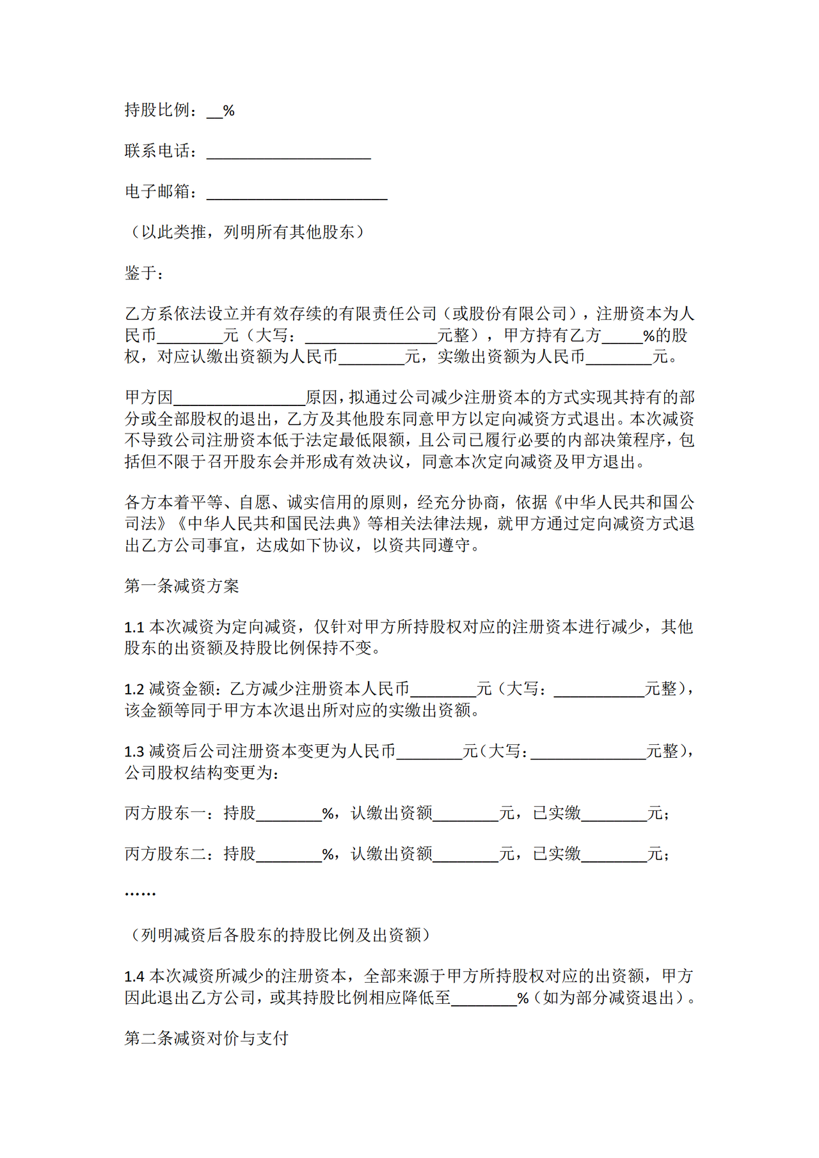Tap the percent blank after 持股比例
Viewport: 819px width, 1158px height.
[x=214, y=112]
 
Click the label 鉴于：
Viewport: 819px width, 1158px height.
[x=145, y=274]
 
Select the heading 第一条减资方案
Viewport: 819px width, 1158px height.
[x=182, y=586]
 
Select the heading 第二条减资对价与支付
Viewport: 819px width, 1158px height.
[x=206, y=1038]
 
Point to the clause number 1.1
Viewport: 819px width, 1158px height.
[x=134, y=627]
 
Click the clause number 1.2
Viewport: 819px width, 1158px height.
[x=134, y=689]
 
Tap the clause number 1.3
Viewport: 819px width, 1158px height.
[x=134, y=751]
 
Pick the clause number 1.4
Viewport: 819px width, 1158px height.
[x=134, y=976]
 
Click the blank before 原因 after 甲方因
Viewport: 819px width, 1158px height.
[x=239, y=398]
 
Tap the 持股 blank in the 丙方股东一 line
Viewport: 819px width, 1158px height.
[x=289, y=815]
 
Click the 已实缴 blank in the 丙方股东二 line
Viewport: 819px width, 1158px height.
[x=614, y=855]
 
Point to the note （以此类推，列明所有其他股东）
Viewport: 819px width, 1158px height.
[x=248, y=232]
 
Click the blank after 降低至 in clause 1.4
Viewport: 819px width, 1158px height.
[x=484, y=999]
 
